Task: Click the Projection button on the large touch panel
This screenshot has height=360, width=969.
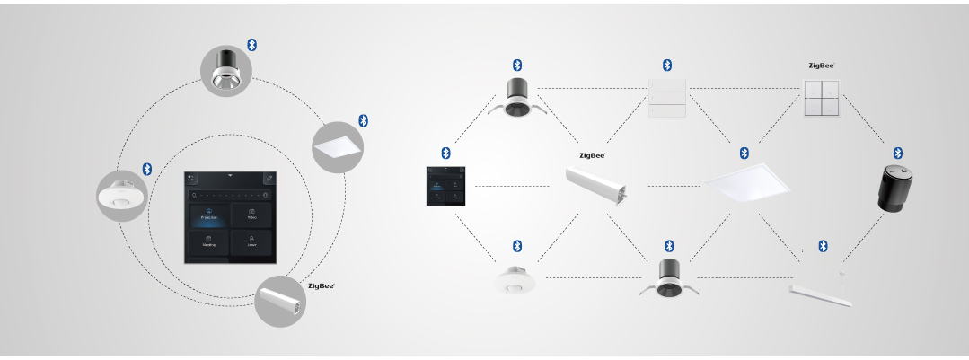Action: pyautogui.click(x=208, y=216)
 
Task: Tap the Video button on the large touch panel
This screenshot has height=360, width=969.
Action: pyautogui.click(x=251, y=216)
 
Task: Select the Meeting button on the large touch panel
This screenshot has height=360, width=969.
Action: pyautogui.click(x=208, y=243)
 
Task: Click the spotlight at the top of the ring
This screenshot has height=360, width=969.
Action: pyautogui.click(x=226, y=71)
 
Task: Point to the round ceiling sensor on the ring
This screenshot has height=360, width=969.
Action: pyautogui.click(x=122, y=195)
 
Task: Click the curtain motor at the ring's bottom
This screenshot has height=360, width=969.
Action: pyautogui.click(x=280, y=301)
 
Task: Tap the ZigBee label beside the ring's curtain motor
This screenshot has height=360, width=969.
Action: pyautogui.click(x=321, y=285)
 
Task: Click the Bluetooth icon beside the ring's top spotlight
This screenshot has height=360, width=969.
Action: pyautogui.click(x=252, y=45)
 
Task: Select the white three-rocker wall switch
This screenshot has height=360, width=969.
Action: pyautogui.click(x=666, y=97)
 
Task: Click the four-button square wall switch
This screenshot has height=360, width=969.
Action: pyautogui.click(x=822, y=97)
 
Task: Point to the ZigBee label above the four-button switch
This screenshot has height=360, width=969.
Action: pyautogui.click(x=821, y=66)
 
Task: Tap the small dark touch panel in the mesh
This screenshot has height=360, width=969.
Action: pyautogui.click(x=445, y=186)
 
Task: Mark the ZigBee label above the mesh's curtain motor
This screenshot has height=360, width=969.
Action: pyautogui.click(x=592, y=154)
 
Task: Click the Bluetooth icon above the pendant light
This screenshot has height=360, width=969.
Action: pyautogui.click(x=822, y=246)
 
